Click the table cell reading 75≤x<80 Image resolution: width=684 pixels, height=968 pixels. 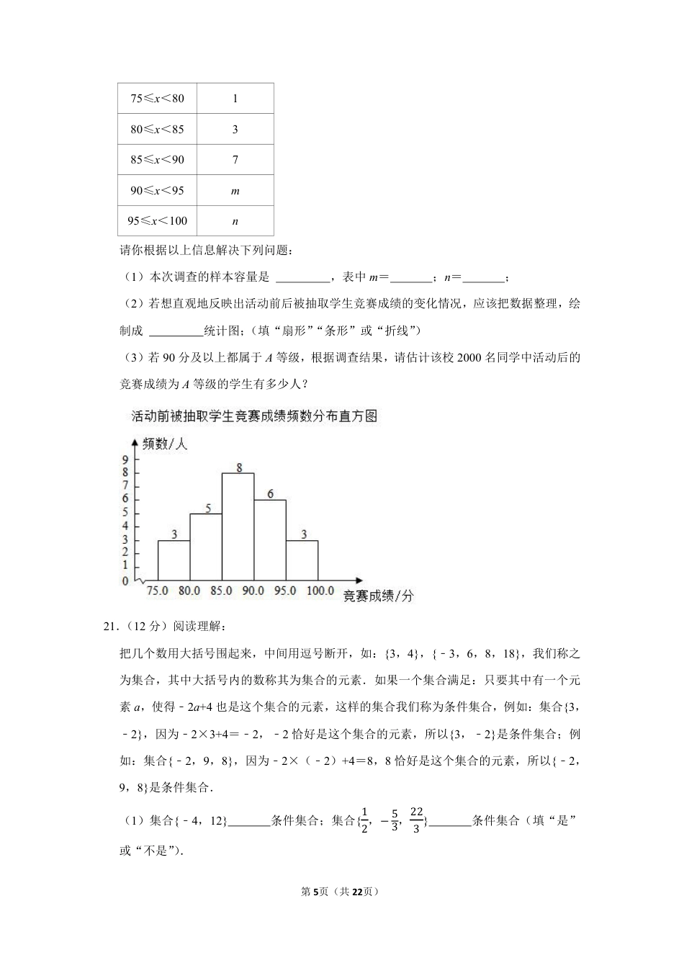157,99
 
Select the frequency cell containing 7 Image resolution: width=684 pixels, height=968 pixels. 235,160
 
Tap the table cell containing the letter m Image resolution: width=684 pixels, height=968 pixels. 235,191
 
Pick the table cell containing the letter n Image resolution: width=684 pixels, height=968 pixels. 235,221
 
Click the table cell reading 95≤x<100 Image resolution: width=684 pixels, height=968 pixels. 157,221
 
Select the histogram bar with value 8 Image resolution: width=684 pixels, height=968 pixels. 238,526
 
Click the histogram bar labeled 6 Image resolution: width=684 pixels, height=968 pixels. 270,539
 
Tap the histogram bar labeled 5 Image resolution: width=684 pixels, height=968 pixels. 206,547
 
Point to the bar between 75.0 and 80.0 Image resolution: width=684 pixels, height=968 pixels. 174,560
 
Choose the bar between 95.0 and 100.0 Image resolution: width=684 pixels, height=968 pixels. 302,560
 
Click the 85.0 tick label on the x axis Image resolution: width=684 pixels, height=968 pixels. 221,591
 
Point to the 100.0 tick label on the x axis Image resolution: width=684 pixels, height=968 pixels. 320,591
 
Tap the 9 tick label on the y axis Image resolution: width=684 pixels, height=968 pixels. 125,460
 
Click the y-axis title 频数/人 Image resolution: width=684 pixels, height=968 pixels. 165,444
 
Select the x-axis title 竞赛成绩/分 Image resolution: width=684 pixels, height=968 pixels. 378,596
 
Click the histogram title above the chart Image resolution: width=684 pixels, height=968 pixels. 254,416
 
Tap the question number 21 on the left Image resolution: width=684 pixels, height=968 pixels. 110,627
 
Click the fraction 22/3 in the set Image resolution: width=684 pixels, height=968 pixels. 416,820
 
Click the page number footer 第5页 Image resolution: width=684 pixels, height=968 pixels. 314,892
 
